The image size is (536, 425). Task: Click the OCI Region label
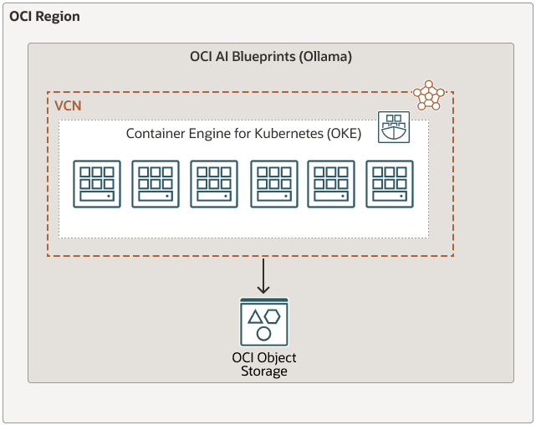44,17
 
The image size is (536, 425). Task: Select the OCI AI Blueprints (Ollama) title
271,57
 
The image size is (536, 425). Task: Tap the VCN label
68,107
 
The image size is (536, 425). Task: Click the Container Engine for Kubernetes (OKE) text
243,134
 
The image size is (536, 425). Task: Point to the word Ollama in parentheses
324,57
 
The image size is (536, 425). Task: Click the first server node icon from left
96,183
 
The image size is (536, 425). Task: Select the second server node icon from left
156,183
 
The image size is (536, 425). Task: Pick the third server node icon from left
214,183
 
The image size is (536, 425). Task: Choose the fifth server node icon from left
331,183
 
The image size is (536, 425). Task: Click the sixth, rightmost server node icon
390,183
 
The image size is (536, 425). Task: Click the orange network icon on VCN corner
429,95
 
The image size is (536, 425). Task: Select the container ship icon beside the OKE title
393,127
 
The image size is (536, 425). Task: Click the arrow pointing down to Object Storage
263,276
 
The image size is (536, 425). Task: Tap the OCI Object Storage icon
263,322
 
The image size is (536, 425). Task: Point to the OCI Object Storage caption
263,364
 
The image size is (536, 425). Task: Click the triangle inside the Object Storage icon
255,316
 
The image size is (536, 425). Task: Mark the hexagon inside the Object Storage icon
273,316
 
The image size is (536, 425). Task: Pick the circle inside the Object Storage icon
263,334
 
